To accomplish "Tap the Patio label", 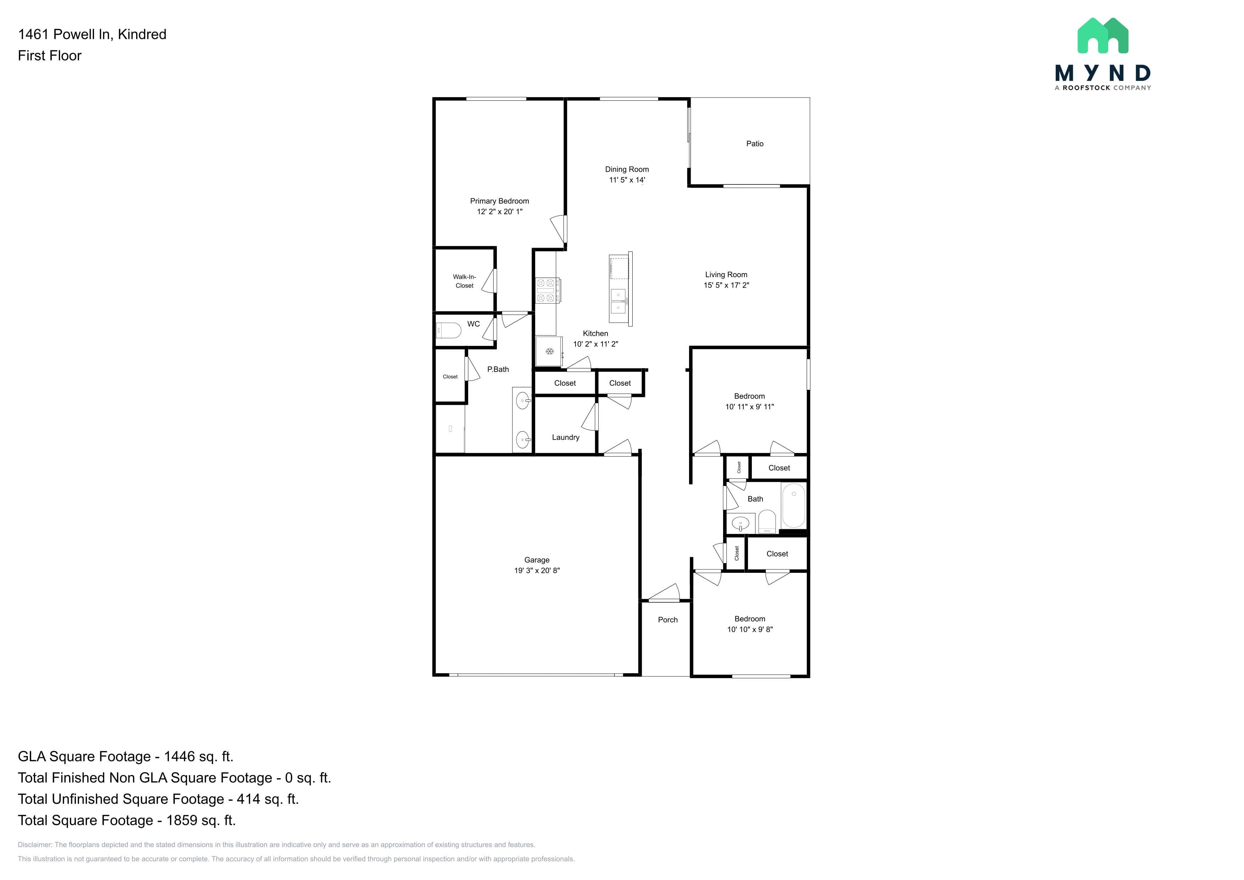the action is tap(755, 144).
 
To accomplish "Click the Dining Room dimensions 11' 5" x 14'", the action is tap(627, 180).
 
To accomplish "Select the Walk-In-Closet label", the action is tap(464, 281).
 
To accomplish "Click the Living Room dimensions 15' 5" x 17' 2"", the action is tap(726, 285).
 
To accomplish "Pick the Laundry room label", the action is tap(566, 437).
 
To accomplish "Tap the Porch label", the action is tap(667, 620).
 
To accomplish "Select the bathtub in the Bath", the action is tap(793, 505).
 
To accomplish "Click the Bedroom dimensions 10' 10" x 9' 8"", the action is tap(750, 629).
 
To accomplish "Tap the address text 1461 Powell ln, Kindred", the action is tap(92, 34).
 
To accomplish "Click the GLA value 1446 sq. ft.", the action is tap(198, 757).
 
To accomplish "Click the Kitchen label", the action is tap(595, 334).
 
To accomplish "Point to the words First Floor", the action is tap(50, 56).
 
